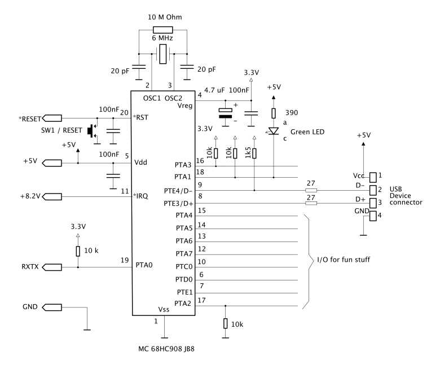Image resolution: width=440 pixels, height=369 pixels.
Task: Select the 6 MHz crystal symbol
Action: (163, 55)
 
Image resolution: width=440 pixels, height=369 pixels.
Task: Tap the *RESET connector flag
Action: (53, 118)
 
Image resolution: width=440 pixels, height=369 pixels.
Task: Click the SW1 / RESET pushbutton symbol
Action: (92, 131)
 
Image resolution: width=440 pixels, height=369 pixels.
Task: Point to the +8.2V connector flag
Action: (53, 196)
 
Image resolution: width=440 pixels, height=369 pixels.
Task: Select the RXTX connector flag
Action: (53, 267)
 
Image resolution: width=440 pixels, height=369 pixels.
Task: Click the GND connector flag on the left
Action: (53, 307)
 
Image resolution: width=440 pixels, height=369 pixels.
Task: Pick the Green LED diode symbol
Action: (274, 131)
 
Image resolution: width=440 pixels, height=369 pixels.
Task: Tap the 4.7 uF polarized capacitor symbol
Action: (226, 113)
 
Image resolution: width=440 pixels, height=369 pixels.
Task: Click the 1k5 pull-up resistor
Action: (254, 153)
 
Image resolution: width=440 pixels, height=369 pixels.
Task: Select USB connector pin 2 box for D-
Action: (372, 189)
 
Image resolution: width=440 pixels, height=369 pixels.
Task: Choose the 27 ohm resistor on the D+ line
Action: (310, 203)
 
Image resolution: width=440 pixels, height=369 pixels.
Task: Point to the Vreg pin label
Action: (184, 106)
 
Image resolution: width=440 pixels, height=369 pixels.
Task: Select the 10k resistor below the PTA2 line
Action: (226, 323)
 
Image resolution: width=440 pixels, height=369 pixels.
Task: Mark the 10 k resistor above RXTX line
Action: (78, 251)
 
